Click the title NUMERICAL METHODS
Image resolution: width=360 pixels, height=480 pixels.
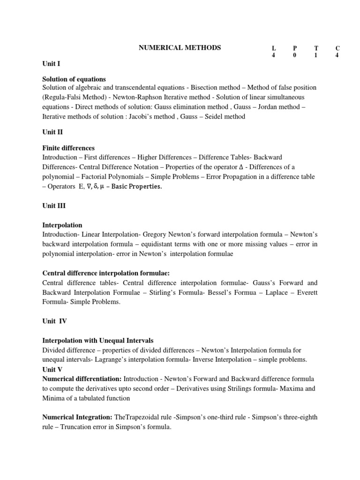pos(179,47)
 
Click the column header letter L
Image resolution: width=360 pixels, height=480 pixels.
pos(274,48)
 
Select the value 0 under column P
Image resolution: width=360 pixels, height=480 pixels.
pos(295,55)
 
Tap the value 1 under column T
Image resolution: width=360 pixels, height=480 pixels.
pos(316,55)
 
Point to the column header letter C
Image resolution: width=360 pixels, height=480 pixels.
pos(337,48)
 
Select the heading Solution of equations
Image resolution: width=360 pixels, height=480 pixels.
pos(74,79)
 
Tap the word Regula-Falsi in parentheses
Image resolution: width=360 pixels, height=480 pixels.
pos(64,97)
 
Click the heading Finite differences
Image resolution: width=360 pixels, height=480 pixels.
pos(68,148)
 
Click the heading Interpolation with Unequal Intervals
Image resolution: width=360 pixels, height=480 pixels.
pos(98,340)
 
